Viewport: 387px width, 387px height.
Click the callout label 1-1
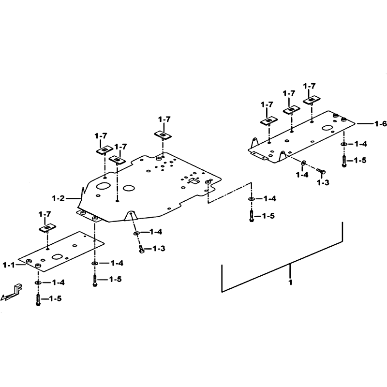9,265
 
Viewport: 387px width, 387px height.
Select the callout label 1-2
59,198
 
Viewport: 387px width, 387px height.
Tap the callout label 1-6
380,124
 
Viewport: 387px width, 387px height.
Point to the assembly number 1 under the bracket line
290,282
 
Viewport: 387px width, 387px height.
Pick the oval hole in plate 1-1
58,257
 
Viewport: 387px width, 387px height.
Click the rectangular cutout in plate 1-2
194,181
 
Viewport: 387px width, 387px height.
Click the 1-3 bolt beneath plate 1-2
141,249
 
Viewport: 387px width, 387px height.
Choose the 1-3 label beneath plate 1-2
159,248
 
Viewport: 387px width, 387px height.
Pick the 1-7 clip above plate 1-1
47,228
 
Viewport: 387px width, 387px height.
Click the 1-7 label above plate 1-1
45,214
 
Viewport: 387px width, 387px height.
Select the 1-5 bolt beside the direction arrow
38,299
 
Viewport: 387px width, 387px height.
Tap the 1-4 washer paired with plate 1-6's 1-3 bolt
303,163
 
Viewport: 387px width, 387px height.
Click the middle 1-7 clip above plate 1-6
291,110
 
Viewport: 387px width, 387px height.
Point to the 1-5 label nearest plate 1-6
360,161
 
